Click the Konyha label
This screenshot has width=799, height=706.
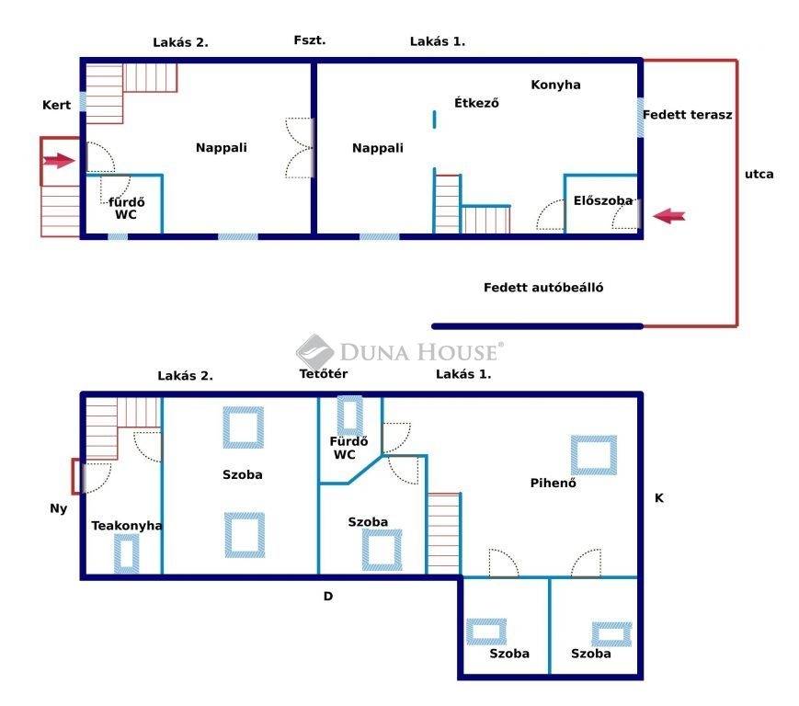click(555, 85)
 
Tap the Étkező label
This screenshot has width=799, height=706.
click(476, 102)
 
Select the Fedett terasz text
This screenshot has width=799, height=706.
click(688, 115)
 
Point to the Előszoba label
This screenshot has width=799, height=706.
click(603, 200)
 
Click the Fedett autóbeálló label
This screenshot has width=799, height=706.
click(543, 288)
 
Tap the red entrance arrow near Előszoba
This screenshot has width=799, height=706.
click(668, 216)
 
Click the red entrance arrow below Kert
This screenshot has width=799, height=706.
click(59, 161)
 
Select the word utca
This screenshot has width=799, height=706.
click(759, 175)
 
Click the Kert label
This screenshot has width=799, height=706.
click(57, 105)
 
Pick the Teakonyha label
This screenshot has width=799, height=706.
click(127, 525)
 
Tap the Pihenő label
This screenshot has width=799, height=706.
click(553, 483)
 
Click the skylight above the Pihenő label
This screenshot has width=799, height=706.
click(594, 455)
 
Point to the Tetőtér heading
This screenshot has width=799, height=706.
click(324, 373)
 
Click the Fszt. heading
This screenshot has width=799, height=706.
click(309, 40)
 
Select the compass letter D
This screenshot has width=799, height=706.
click(328, 596)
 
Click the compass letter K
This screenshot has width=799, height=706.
click(659, 497)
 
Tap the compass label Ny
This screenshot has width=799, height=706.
click(59, 508)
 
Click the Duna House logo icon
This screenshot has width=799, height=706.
click(314, 352)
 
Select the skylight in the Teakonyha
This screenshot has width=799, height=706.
click(126, 553)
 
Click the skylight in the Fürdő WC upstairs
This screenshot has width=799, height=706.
click(350, 416)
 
